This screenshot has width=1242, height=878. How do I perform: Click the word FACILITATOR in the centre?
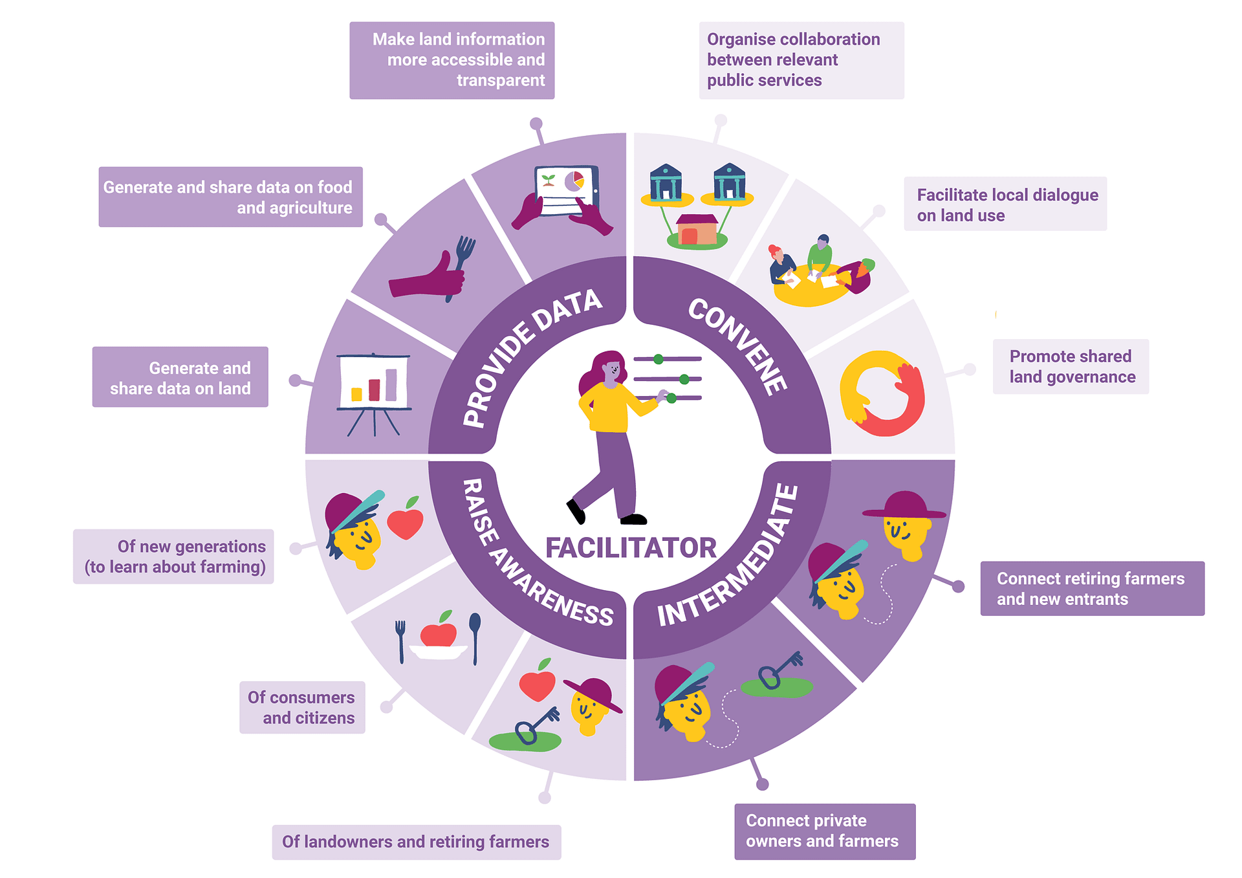coord(631,548)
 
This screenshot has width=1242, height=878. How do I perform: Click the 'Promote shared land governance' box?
coord(1071,366)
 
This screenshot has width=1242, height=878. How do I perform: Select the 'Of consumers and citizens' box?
coord(302,707)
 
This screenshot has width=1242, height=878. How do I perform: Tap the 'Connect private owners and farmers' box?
coord(825,831)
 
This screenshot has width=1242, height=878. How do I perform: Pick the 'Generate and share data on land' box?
coord(180,377)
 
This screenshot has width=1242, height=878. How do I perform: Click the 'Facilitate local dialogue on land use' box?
coord(1005,204)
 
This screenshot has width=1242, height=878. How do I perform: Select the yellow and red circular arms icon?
coord(882,393)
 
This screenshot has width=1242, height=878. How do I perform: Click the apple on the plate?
coord(439,633)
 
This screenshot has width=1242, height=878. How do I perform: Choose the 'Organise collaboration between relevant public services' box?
coord(801,60)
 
